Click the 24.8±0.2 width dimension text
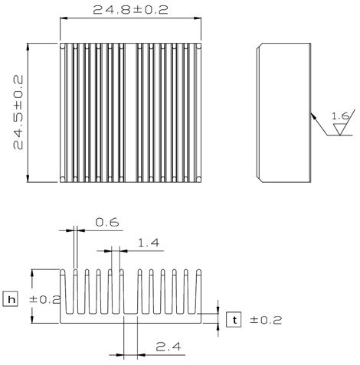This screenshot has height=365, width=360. click(130, 10)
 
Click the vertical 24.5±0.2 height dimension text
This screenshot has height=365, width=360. click(18, 112)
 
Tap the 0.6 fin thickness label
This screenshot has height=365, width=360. click(107, 222)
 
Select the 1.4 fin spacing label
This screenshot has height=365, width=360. click(149, 243)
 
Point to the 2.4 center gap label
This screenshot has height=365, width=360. click(169, 347)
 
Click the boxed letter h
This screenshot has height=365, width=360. click(10, 299)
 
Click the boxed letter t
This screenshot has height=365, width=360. click(234, 320)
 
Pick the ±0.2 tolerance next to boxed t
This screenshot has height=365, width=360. click(266, 320)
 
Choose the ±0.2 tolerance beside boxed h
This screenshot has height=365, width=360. click(45, 299)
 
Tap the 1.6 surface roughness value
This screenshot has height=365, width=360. click(340, 116)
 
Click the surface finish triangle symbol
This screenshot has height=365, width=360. click(340, 129)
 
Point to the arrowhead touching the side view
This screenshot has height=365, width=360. click(313, 116)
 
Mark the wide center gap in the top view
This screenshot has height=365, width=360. click(131, 112)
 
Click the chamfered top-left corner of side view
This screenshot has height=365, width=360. click(258, 46)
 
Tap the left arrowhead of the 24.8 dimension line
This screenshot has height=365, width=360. click(64, 18)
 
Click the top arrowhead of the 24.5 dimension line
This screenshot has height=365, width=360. click(28, 47)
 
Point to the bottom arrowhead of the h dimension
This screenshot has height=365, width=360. click(32, 319)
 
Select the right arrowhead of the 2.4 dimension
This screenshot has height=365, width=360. click(141, 354)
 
